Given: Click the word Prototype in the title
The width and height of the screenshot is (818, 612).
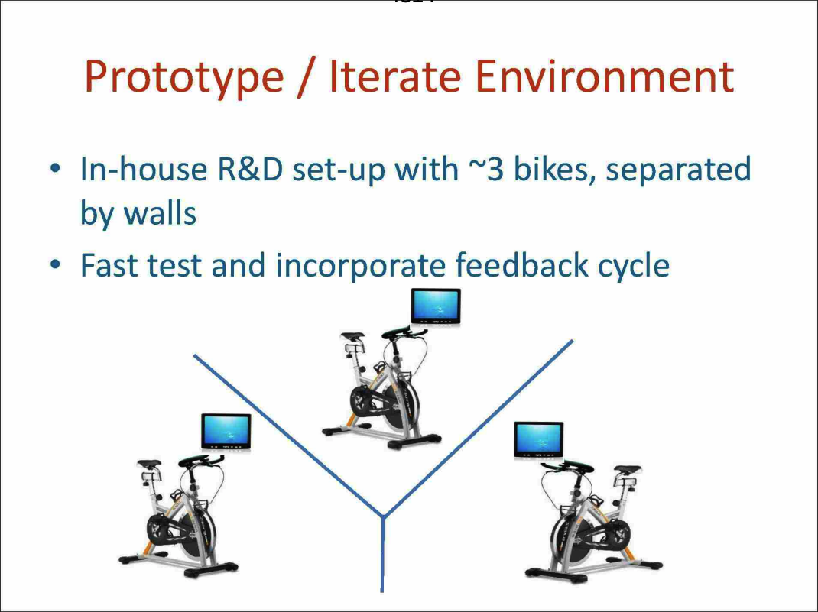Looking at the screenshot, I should [183, 76].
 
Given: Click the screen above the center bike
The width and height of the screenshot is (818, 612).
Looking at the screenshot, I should [436, 307].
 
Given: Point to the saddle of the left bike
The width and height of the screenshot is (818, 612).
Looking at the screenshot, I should [148, 465].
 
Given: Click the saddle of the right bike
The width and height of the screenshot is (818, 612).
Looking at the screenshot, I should [627, 471].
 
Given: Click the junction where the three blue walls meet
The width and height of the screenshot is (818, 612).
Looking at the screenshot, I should [381, 518].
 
